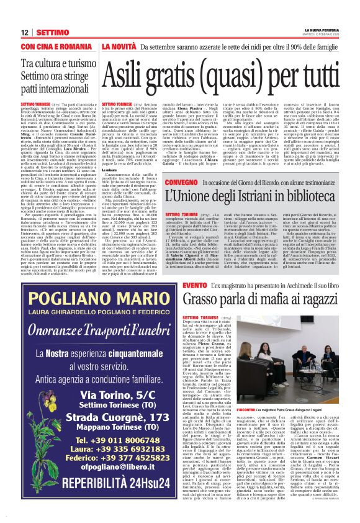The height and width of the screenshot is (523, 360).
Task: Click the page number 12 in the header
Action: (25, 32)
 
